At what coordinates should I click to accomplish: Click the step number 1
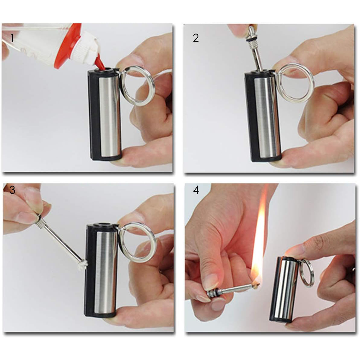click(12, 38)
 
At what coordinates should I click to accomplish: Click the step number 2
click(196, 38)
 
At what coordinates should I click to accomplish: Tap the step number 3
click(12, 190)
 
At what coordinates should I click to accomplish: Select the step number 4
click(196, 190)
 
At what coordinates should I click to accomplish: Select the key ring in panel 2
click(295, 83)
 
